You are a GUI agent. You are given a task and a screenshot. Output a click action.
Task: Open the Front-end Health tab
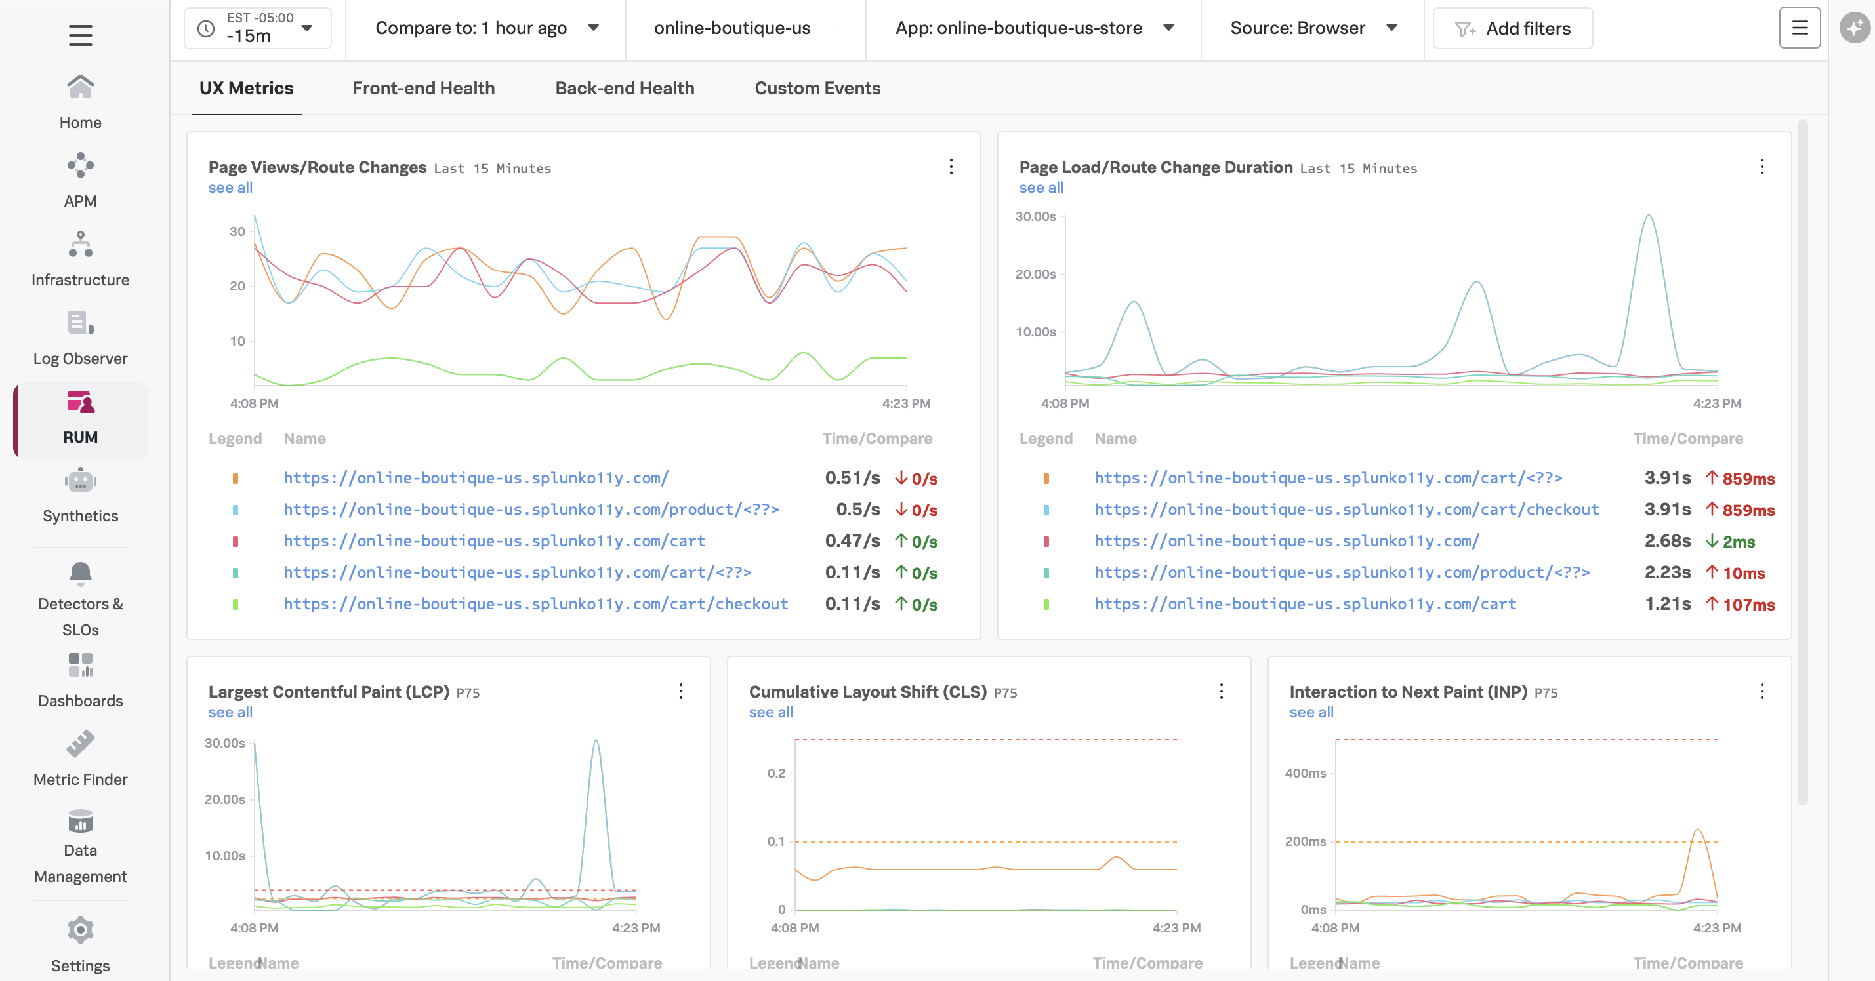click(x=423, y=88)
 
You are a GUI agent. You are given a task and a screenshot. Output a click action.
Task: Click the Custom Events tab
click(x=817, y=88)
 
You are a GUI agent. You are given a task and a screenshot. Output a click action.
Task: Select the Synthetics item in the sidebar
click(x=80, y=496)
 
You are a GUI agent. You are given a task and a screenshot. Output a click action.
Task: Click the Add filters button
click(x=1512, y=28)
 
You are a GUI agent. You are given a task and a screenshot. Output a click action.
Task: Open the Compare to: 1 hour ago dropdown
click(x=485, y=28)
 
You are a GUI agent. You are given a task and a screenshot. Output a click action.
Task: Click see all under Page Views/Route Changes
click(x=230, y=188)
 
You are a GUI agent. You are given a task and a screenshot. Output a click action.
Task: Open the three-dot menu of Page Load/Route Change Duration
click(x=1762, y=167)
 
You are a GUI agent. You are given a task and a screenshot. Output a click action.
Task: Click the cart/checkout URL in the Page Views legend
click(x=535, y=603)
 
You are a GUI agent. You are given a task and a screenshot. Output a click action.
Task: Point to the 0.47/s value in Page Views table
click(x=852, y=541)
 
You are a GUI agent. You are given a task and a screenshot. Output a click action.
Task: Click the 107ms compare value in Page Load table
click(x=1748, y=604)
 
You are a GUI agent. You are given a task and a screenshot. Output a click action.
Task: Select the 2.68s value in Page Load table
click(x=1667, y=541)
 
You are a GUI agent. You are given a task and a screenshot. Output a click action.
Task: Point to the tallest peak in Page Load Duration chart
click(x=1649, y=217)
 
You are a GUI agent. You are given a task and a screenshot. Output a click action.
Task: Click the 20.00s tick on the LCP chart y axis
click(x=224, y=799)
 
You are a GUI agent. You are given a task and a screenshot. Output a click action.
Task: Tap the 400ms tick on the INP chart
click(x=1305, y=773)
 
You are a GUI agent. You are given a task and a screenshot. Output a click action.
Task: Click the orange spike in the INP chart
click(x=1697, y=830)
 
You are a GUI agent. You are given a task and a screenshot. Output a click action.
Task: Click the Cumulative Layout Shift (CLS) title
click(x=867, y=691)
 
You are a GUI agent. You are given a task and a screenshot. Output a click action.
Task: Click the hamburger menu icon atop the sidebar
click(x=80, y=35)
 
